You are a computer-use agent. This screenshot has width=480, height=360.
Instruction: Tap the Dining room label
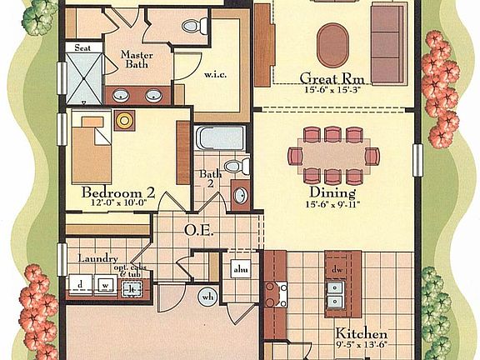[333, 190]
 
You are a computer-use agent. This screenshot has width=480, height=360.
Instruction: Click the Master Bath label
[136, 60]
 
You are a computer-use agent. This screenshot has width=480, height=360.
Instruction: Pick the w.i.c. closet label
[216, 74]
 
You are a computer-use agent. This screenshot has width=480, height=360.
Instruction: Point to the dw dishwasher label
[337, 271]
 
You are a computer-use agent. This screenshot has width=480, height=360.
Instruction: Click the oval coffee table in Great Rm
[332, 39]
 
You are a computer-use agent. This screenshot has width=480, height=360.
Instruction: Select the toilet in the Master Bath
[191, 27]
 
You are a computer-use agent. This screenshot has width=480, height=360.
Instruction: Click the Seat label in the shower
[82, 49]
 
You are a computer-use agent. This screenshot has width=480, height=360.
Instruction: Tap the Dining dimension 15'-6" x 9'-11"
[333, 202]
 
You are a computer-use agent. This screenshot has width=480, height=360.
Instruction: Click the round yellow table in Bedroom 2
[125, 120]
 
